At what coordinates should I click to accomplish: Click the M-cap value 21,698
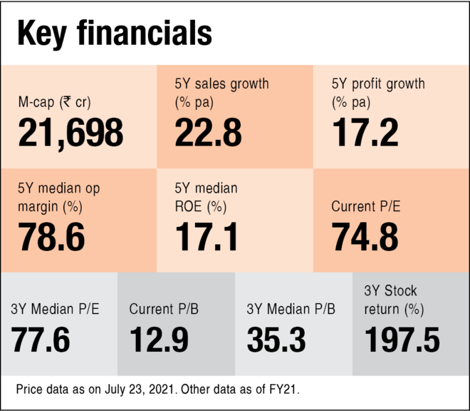tap(70, 133)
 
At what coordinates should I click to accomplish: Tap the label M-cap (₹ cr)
tap(54, 102)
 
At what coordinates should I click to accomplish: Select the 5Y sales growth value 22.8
tap(208, 133)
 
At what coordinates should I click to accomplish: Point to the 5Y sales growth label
tap(221, 93)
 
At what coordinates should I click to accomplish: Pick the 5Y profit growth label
tap(377, 93)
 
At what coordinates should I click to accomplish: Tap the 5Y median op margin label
tap(58, 198)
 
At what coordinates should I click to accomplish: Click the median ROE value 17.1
tap(207, 238)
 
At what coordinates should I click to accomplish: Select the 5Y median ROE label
tap(207, 198)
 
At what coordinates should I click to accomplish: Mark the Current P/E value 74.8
tap(365, 238)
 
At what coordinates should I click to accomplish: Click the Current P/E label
tap(365, 207)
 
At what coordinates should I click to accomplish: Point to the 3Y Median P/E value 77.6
tap(41, 340)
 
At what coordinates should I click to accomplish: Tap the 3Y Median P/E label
tap(55, 309)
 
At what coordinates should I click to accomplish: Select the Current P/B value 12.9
tap(159, 340)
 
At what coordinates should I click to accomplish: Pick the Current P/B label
tap(163, 309)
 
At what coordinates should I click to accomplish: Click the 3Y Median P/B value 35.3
tap(276, 340)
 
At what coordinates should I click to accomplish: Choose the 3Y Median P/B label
tap(291, 309)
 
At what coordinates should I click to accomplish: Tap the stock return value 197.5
tap(402, 340)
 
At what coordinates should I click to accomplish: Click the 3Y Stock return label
tap(394, 300)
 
